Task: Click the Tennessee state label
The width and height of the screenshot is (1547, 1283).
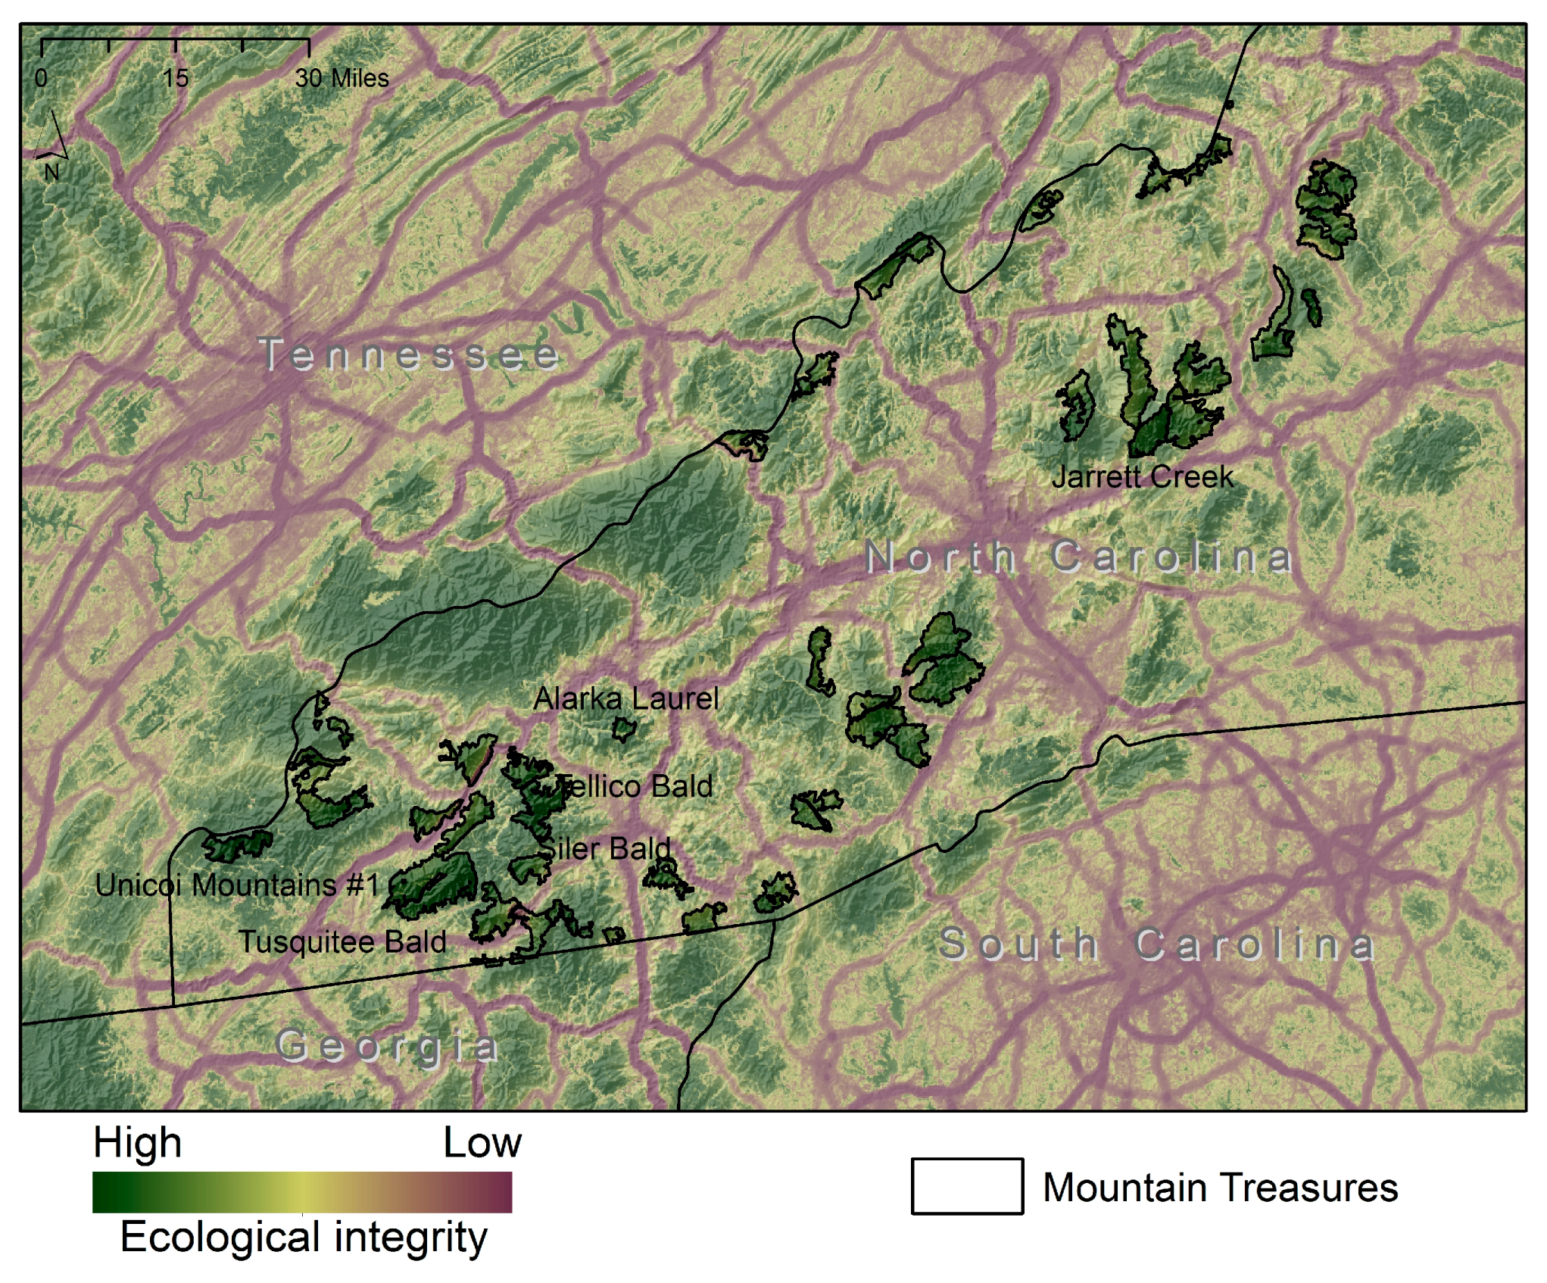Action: coord(409,354)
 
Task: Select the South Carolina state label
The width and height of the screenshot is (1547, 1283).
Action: coord(1156,944)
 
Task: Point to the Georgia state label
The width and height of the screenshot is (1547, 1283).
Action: coord(387,1047)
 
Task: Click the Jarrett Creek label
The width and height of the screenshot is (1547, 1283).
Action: coord(1142,476)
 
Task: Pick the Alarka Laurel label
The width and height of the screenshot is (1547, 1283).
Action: coord(625,698)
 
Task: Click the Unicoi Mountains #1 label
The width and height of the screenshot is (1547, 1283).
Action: coord(236,885)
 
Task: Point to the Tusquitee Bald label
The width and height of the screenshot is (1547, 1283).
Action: coord(342,941)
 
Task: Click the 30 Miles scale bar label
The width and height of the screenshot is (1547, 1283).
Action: coord(342,78)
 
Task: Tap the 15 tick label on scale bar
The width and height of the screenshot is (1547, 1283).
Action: coord(175,78)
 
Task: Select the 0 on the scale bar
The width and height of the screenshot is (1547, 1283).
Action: coord(41,78)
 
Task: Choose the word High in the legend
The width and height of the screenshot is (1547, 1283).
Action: coord(137,1142)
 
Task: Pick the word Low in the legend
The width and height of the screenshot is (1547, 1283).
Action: coord(482,1142)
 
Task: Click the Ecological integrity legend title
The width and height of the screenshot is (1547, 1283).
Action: coord(303,1237)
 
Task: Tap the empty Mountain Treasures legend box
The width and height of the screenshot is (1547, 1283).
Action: coord(967,1186)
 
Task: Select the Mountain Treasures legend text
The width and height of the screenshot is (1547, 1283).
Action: coord(1220,1187)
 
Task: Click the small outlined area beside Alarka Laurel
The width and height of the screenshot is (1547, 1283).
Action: coord(623,730)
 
